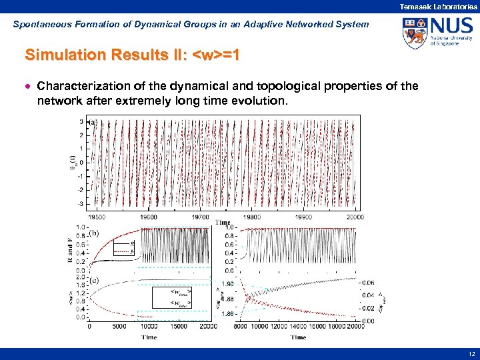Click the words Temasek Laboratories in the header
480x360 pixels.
(x=438, y=6)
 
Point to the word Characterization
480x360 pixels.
(x=79, y=86)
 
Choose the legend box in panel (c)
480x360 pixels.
(x=172, y=298)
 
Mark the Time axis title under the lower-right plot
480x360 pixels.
(x=298, y=337)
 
